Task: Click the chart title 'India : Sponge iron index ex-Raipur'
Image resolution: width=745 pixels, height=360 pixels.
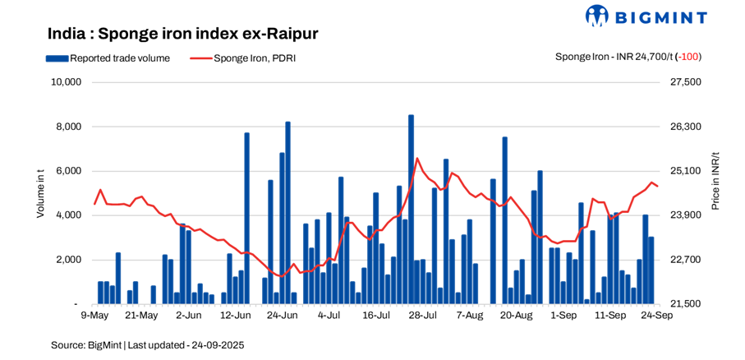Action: (x=182, y=34)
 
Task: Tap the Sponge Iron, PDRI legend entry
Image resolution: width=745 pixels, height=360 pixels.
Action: (x=242, y=58)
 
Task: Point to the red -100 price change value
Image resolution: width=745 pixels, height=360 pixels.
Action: (x=689, y=57)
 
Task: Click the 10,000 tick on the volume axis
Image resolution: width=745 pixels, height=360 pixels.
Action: (x=65, y=82)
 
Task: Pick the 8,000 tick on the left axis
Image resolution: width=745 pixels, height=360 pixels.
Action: (x=67, y=127)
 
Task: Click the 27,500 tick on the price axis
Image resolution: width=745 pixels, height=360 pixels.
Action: (x=686, y=82)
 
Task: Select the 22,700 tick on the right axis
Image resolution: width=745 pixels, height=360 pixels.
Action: (x=686, y=260)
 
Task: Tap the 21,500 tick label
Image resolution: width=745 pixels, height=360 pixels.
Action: (x=686, y=304)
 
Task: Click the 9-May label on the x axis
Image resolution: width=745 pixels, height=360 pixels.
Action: (x=94, y=315)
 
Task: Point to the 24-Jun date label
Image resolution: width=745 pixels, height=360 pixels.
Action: (x=282, y=315)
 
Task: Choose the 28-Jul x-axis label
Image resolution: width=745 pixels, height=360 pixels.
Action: (x=422, y=315)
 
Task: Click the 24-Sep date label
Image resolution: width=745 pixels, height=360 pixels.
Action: (x=656, y=315)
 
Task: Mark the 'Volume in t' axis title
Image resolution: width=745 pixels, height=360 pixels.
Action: (x=40, y=193)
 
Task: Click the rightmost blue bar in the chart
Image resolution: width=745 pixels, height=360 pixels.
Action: (x=651, y=270)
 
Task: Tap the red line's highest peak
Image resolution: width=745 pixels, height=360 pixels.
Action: (x=417, y=159)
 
